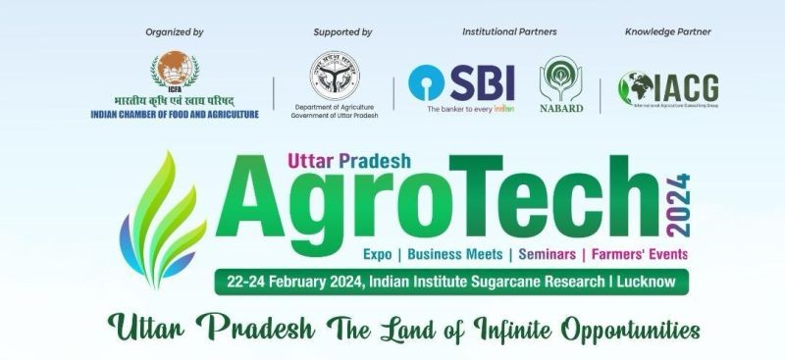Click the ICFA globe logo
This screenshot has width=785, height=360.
[x=174, y=71]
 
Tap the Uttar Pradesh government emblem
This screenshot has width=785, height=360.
[x=335, y=74]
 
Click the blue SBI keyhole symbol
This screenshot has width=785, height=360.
[x=428, y=83]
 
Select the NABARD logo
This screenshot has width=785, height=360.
[x=562, y=83]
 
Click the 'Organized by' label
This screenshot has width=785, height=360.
[x=174, y=32]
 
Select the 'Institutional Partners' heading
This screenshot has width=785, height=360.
[x=509, y=32]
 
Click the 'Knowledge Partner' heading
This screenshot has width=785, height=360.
[x=668, y=32]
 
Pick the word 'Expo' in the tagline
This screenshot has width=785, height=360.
[x=378, y=254]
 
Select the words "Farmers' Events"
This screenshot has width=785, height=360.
[x=638, y=254]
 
